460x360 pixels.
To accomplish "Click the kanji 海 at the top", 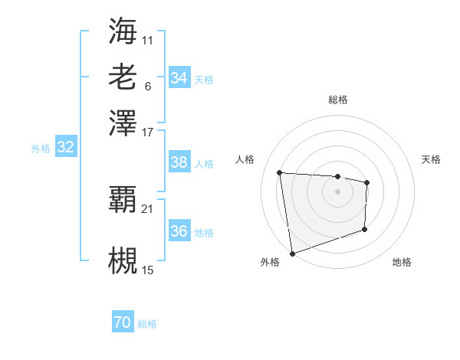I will pyautogui.click(x=123, y=31).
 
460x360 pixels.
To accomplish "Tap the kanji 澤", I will pyautogui.click(x=123, y=123).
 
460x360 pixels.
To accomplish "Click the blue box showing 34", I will pyautogui.click(x=179, y=78).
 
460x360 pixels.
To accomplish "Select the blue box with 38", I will pyautogui.click(x=179, y=162).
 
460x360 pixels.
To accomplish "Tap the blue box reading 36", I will pyautogui.click(x=179, y=231).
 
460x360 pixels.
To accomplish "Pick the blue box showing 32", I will pyautogui.click(x=65, y=148).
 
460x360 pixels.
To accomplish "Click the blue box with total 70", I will pyautogui.click(x=123, y=323).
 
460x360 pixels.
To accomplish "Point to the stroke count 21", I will pyautogui.click(x=148, y=208).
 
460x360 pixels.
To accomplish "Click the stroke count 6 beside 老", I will pyautogui.click(x=147, y=86).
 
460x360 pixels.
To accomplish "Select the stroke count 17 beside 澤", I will pyautogui.click(x=148, y=132).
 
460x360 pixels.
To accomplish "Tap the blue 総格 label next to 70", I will pyautogui.click(x=147, y=324).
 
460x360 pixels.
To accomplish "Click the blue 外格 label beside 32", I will pyautogui.click(x=40, y=149).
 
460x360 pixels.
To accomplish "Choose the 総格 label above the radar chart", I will pyautogui.click(x=337, y=100).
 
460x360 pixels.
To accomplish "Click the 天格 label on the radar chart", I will pyautogui.click(x=431, y=159).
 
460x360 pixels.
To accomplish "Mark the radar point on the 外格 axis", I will pyautogui.click(x=292, y=253).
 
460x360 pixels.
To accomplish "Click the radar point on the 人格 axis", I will pyautogui.click(x=280, y=172).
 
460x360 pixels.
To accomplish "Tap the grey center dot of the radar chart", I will pyautogui.click(x=337, y=191).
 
